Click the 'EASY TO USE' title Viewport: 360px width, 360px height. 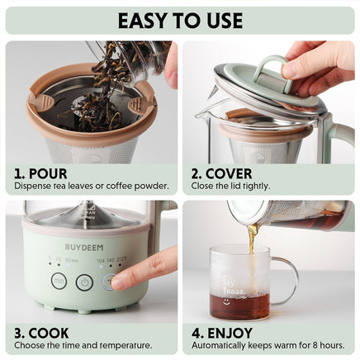pos(180,20)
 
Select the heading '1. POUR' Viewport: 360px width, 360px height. pos(41,174)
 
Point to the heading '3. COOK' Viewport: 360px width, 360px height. pos(42,333)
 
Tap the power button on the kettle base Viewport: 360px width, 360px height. pos(84,282)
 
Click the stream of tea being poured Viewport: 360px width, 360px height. pos(251,248)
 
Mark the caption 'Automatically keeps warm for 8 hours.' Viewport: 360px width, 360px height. pos(268,345)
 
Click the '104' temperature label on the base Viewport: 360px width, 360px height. pos(101,259)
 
